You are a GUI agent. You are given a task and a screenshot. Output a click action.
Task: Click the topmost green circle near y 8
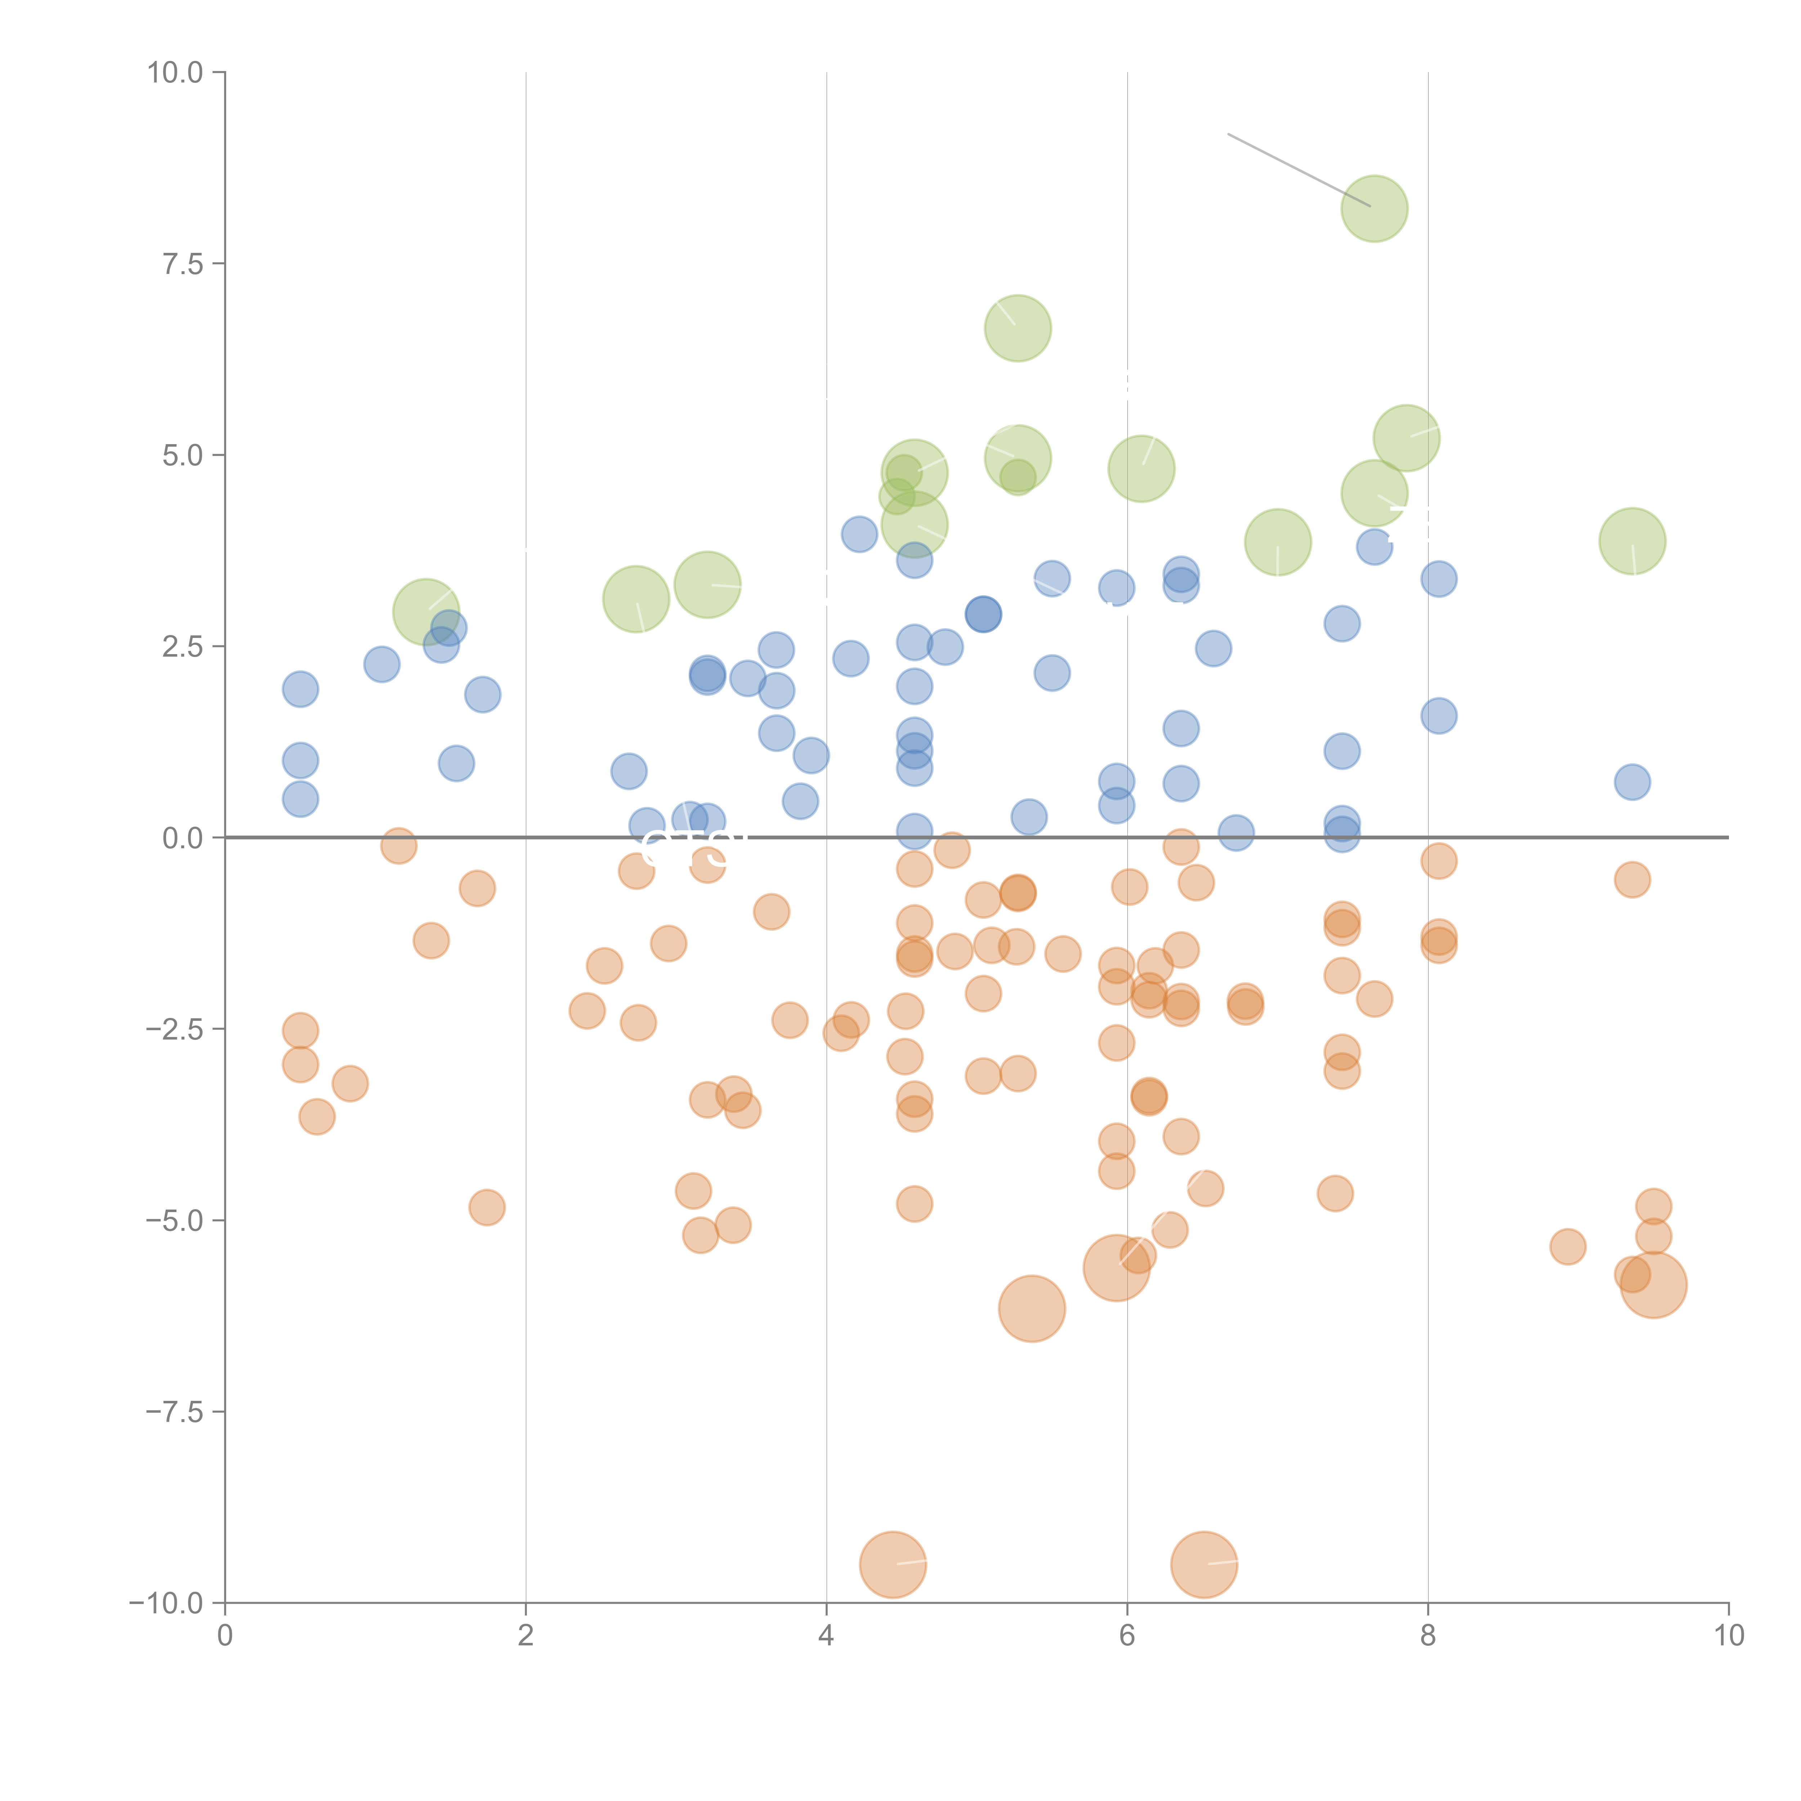(1374, 208)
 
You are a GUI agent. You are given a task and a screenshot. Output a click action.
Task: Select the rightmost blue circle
(1631, 782)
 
